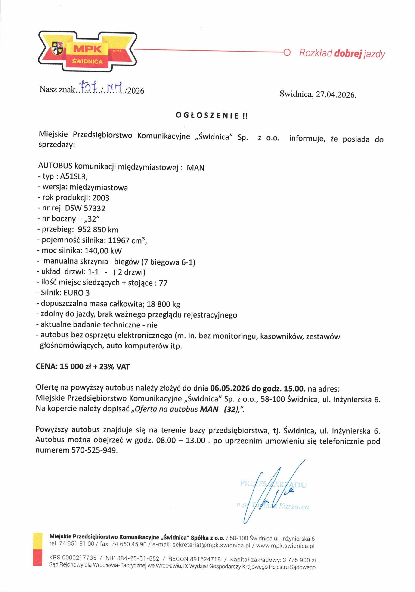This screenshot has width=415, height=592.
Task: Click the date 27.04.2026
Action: [336, 95]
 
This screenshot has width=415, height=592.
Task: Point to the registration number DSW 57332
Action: [85, 208]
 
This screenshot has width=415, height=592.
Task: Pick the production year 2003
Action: [101, 198]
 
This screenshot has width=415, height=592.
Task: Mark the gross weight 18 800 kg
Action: [163, 304]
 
